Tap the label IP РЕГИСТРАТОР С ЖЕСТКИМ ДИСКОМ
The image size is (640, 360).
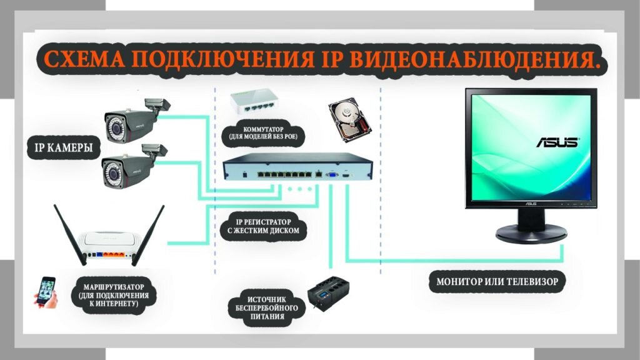[x=264, y=226]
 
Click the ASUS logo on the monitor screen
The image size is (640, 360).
[x=557, y=142]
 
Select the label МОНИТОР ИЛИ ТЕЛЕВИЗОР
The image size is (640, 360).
[x=497, y=281]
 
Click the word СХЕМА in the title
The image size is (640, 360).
[x=84, y=61]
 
